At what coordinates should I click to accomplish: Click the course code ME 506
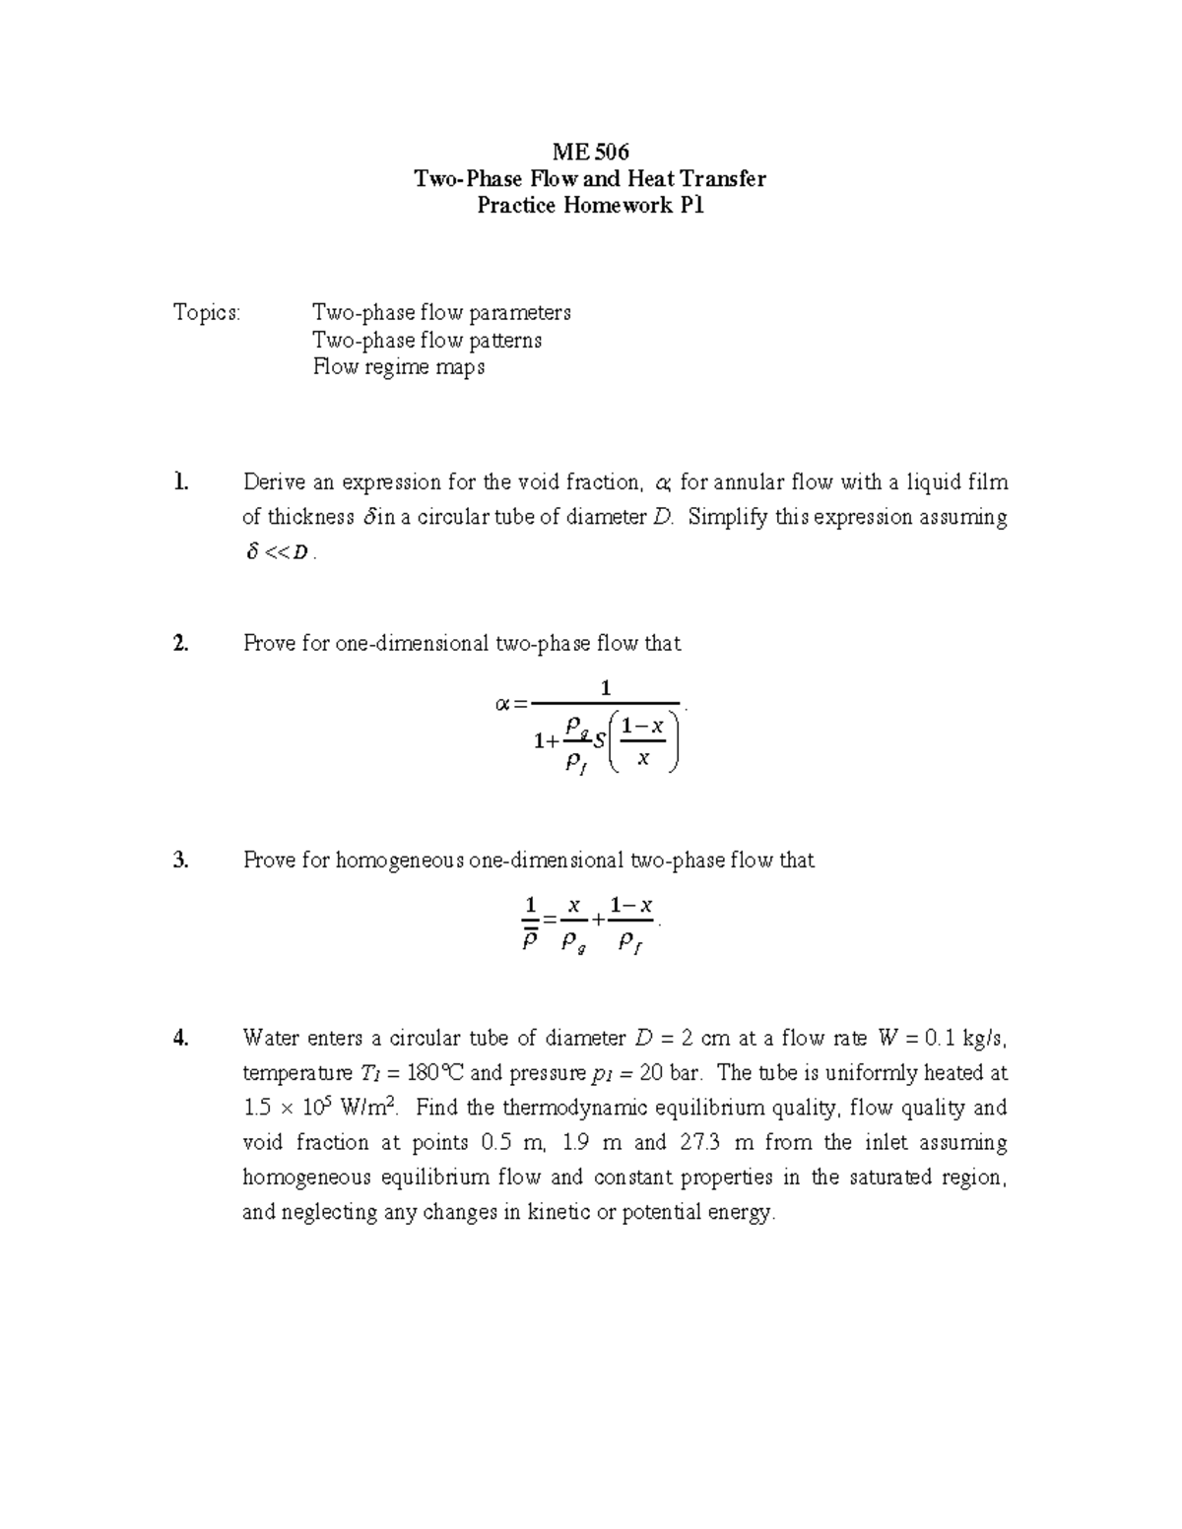pyautogui.click(x=590, y=152)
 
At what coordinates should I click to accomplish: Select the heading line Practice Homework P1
pyautogui.click(x=590, y=206)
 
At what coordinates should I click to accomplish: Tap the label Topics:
pyautogui.click(x=207, y=313)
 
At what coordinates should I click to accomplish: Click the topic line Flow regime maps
pyautogui.click(x=399, y=367)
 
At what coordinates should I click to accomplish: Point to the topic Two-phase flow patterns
pyautogui.click(x=427, y=341)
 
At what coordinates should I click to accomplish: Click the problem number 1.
pyautogui.click(x=179, y=482)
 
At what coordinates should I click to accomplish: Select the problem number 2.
pyautogui.click(x=180, y=644)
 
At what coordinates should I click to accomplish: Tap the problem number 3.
pyautogui.click(x=180, y=860)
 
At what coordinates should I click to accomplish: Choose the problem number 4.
pyautogui.click(x=180, y=1038)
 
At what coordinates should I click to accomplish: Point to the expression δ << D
pyautogui.click(x=280, y=553)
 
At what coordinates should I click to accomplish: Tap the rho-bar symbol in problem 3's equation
pyautogui.click(x=529, y=940)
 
